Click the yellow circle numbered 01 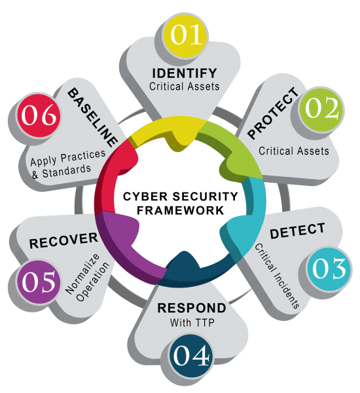tap(186, 35)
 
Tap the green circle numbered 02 tap(321, 109)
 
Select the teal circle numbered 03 tap(329, 269)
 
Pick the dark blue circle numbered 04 tap(191, 356)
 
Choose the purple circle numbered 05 tap(39, 282)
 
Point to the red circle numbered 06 tap(39, 115)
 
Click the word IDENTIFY tap(185, 73)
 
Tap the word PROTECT tap(273, 113)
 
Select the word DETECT tap(297, 231)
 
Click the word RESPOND tap(192, 308)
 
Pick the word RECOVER tap(63, 241)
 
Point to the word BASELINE tap(93, 117)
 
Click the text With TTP tap(192, 322)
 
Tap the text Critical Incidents tap(277, 276)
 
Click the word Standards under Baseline tap(66, 172)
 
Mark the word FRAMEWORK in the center tap(180, 210)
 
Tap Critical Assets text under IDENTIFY tap(184, 86)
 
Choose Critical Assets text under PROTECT tap(294, 151)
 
